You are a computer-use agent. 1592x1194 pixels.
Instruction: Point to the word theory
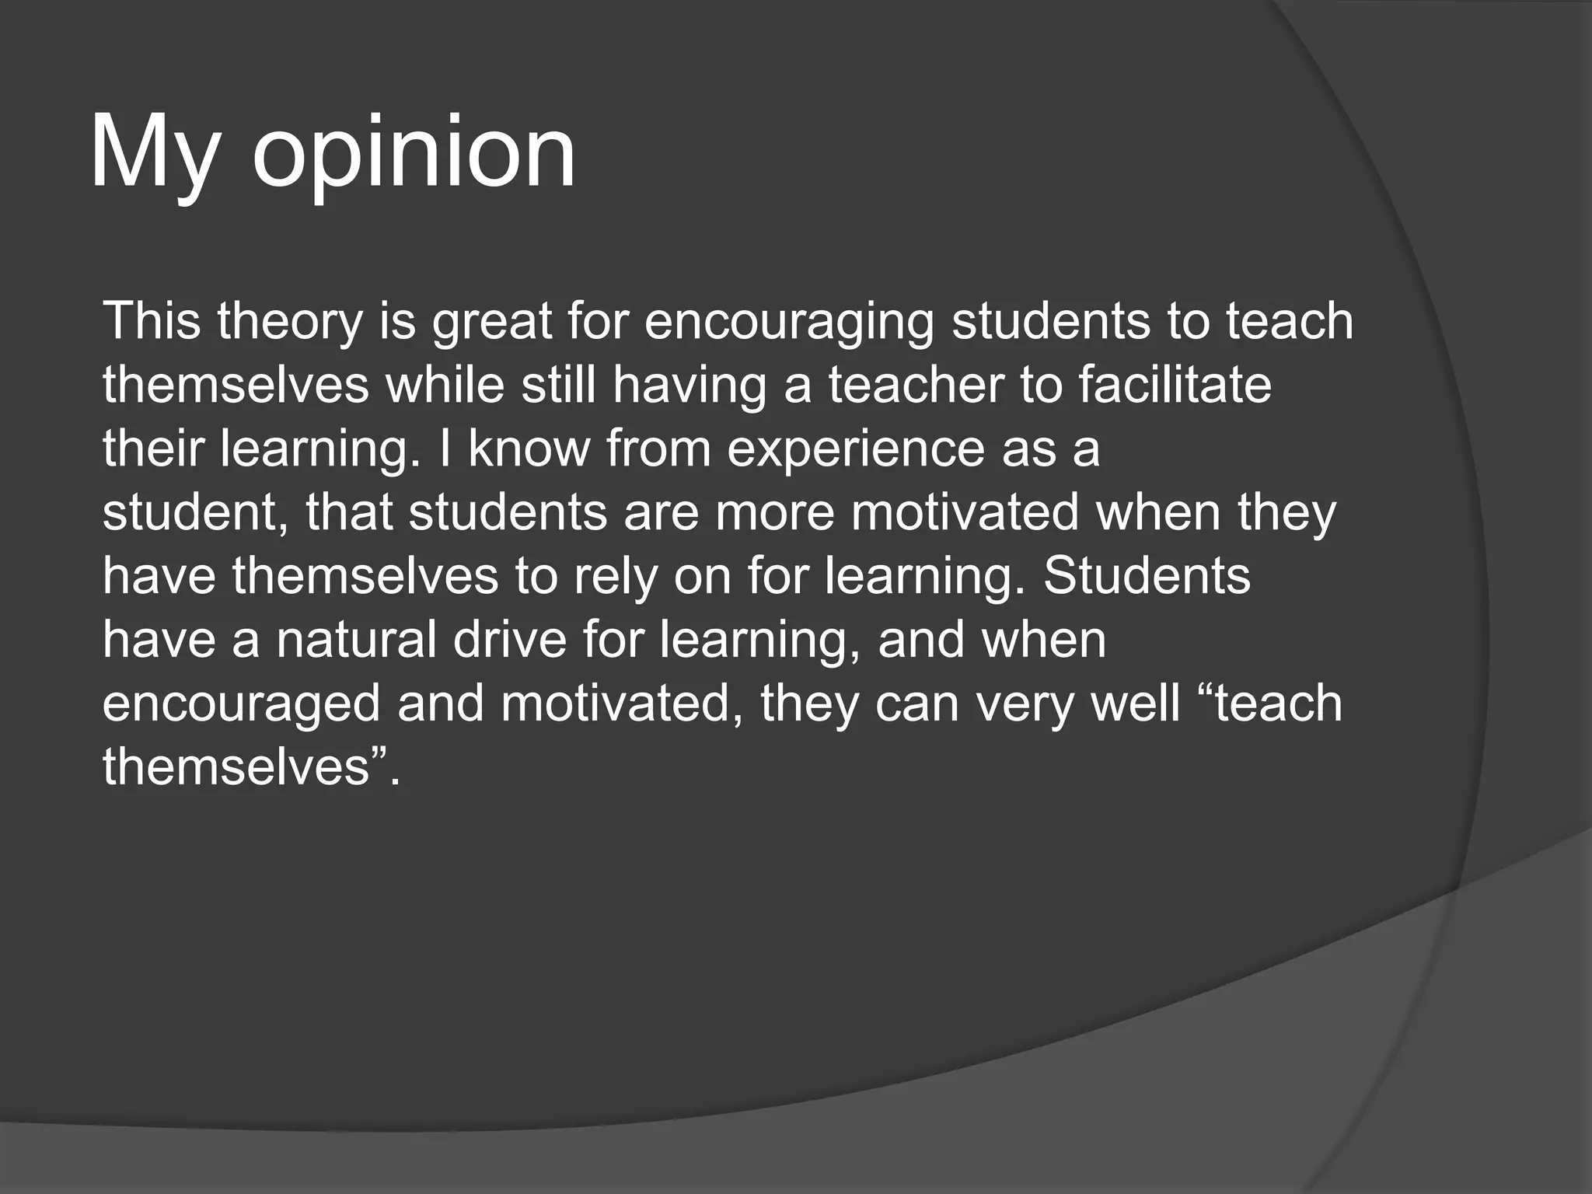click(x=290, y=322)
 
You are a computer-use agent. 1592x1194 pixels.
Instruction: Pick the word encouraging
click(x=789, y=322)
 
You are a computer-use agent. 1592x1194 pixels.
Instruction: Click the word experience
click(x=855, y=450)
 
